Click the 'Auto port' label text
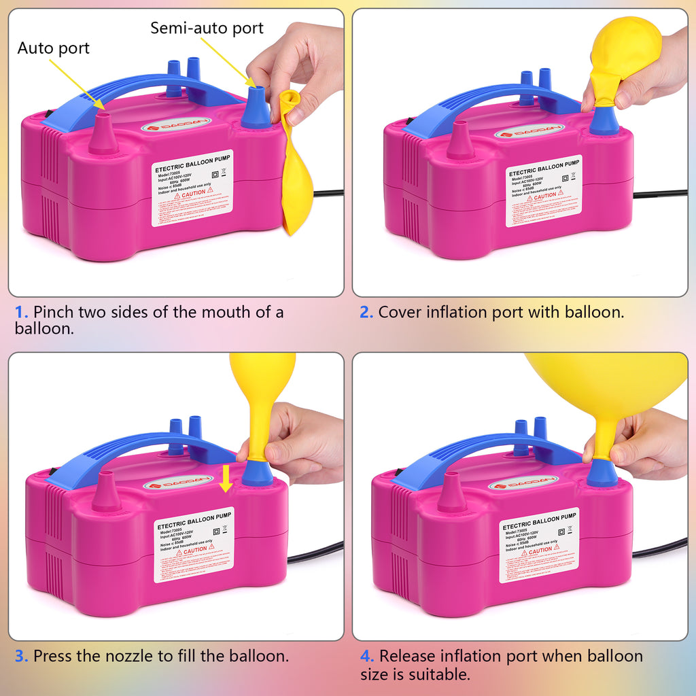(53, 48)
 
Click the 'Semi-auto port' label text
(207, 28)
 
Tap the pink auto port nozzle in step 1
(103, 134)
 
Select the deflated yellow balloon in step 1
(296, 170)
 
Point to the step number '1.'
(22, 313)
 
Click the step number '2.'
(366, 313)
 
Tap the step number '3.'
(22, 657)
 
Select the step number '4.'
(367, 657)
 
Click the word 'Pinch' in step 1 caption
(54, 313)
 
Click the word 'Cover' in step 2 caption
(399, 313)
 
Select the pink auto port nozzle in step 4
(452, 493)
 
